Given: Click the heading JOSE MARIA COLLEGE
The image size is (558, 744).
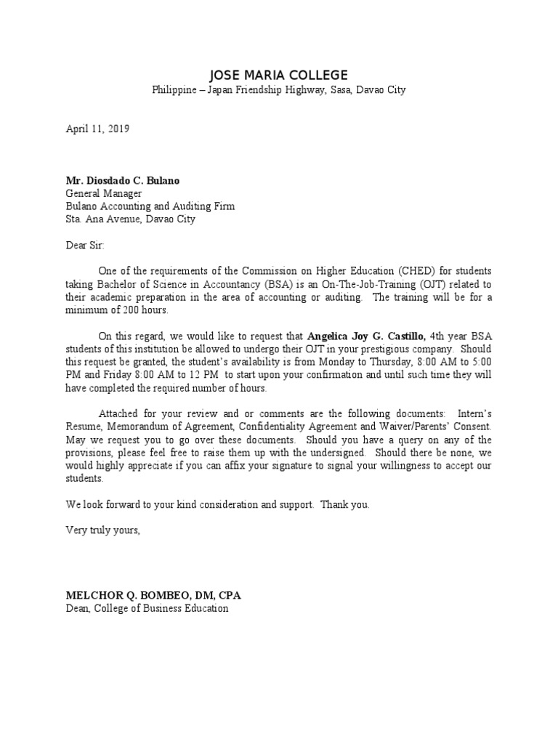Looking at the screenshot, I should coord(278,76).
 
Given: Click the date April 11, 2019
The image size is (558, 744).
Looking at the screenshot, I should coord(97,129).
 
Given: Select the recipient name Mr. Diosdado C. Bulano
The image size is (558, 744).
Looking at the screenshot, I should coord(124,181).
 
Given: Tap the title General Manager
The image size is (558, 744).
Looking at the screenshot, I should coord(104,194).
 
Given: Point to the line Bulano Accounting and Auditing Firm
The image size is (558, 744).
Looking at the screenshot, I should coord(150,206).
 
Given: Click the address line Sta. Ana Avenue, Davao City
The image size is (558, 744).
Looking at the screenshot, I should coord(131,219).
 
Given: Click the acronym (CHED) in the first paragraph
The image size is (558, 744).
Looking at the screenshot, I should coord(391,272).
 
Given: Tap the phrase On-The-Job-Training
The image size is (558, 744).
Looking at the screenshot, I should coord(403,284).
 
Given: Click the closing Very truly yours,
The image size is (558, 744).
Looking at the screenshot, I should coord(102,530).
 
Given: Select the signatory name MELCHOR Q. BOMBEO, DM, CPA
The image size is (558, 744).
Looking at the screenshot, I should coord(153,596).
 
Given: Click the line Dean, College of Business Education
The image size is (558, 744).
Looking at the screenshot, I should coord(147,608).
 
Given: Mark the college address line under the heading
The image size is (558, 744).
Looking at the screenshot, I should coord(278,91).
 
